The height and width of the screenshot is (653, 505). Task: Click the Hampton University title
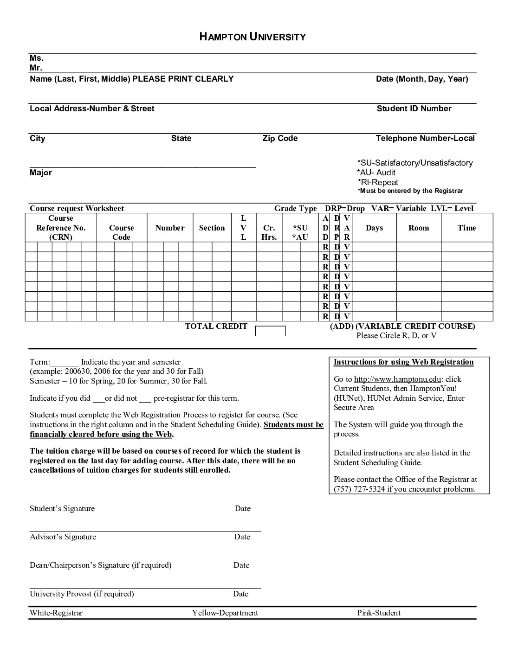coord(252,37)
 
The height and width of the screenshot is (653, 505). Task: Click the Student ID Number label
coord(414,109)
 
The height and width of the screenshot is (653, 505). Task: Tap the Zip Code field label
coord(280,138)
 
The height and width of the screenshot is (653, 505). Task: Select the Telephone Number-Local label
coord(425,138)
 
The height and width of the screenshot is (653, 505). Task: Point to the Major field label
coord(41,173)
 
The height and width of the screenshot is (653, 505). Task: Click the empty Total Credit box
coord(270,331)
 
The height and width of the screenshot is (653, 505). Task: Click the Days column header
coord(374,228)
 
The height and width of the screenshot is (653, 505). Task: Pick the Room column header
coord(419,228)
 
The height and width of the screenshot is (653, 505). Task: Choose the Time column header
coord(466,228)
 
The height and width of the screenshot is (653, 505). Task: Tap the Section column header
coord(212,228)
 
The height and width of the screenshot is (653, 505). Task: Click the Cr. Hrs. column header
coord(269,232)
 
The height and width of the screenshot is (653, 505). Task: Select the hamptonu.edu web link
coord(397,379)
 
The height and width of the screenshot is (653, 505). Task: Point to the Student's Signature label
coord(62,508)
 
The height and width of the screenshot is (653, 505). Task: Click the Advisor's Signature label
coord(63,537)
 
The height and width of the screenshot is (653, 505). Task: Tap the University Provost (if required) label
coord(82,594)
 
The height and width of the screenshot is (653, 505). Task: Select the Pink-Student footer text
coord(379,613)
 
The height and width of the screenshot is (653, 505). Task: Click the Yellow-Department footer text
coord(225,613)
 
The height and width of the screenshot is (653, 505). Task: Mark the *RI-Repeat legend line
coord(378,182)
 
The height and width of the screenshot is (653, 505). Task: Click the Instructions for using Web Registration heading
coord(403,362)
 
